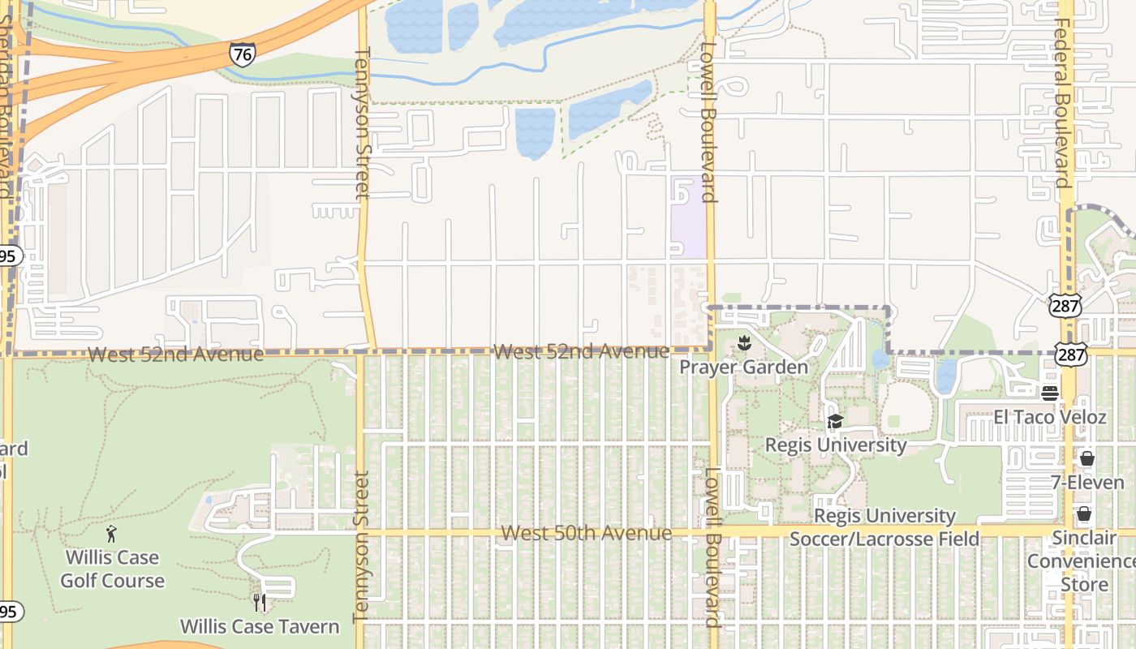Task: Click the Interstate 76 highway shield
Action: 242,54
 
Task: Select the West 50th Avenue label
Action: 586,533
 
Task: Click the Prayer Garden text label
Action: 743,367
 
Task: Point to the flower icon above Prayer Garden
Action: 743,345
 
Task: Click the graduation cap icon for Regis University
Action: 835,422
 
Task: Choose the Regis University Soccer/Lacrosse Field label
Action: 884,527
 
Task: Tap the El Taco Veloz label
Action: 1050,417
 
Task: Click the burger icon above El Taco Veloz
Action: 1050,393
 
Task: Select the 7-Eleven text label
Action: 1087,482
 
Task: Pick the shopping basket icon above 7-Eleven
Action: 1087,459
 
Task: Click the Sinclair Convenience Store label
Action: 1083,561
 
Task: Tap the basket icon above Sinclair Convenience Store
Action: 1083,514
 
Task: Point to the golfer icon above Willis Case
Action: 112,534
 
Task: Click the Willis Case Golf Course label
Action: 112,569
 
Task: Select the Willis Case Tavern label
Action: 260,626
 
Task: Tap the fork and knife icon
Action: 260,603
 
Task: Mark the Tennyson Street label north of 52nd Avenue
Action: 363,122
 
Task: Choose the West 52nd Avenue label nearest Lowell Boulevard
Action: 581,351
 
